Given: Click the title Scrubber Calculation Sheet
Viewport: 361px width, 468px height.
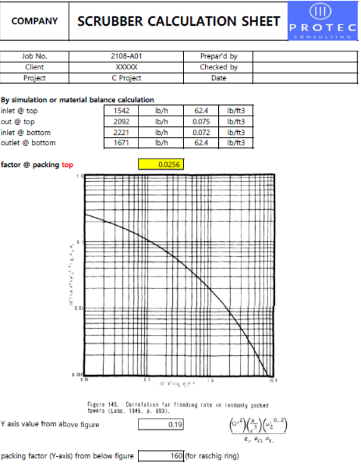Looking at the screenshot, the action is [178, 21].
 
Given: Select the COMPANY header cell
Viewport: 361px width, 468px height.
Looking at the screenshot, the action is [34, 21].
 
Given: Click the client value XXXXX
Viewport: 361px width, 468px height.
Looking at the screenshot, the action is [127, 67].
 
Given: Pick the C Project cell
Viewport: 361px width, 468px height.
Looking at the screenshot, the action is [127, 78].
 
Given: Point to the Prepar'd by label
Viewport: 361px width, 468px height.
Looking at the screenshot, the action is [218, 56].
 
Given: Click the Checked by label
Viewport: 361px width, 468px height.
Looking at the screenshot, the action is [218, 67].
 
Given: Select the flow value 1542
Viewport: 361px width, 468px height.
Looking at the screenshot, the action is [121, 111].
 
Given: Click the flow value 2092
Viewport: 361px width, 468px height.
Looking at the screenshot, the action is [121, 122].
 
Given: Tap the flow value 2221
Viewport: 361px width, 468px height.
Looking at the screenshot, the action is [121, 132].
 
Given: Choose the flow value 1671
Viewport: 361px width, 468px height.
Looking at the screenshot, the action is [121, 143].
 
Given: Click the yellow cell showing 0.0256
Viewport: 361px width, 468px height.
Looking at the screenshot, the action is [160, 164].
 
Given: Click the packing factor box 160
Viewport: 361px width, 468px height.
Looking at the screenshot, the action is [161, 456].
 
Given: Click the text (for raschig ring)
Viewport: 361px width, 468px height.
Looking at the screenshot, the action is [212, 456].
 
